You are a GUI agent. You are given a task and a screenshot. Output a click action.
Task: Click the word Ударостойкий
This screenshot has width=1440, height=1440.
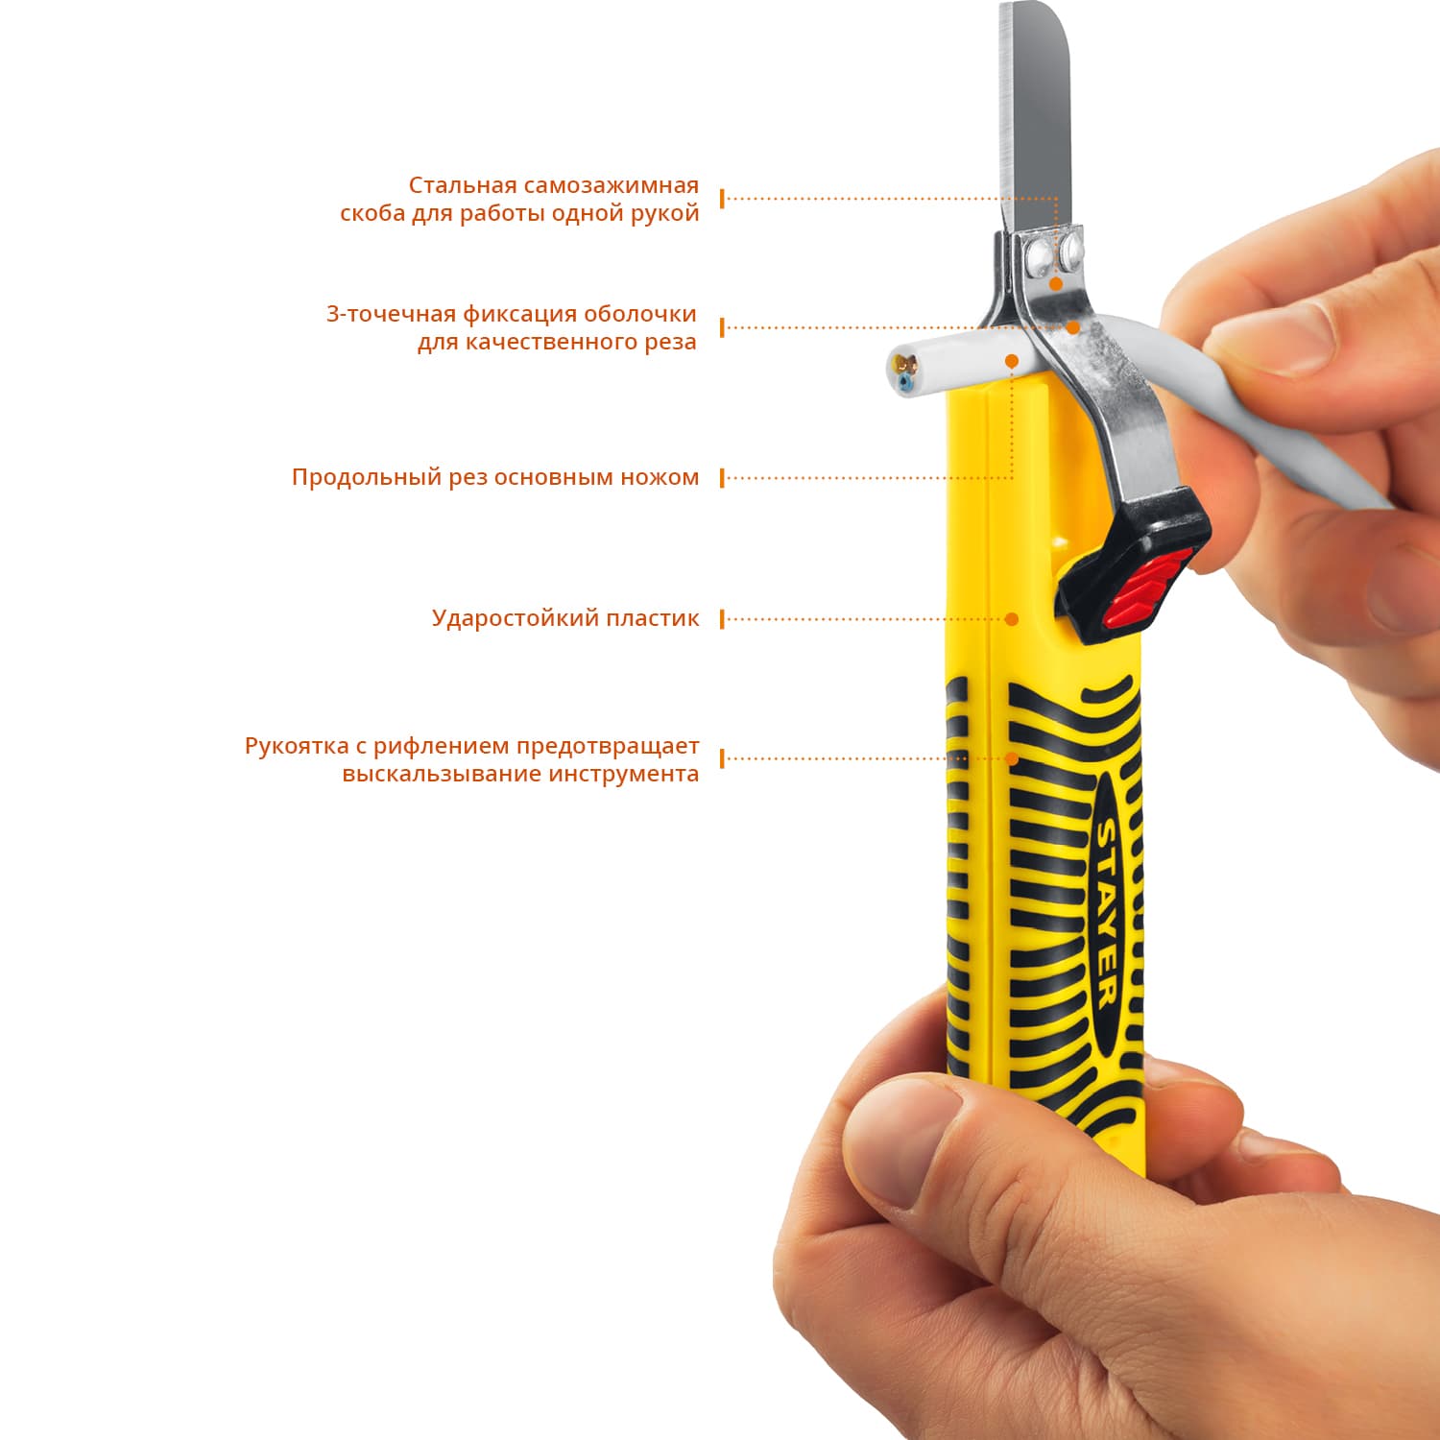pyautogui.click(x=502, y=618)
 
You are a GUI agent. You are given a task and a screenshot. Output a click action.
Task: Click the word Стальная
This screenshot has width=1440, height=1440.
pyautogui.click(x=463, y=185)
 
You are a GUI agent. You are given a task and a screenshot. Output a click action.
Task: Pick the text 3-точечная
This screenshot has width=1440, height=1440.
pyautogui.click(x=391, y=314)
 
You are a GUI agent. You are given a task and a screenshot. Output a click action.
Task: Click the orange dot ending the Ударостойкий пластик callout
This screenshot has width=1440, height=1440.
pyautogui.click(x=1011, y=619)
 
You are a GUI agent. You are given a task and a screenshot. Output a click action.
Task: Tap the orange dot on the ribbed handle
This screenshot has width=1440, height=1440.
pyautogui.click(x=1011, y=758)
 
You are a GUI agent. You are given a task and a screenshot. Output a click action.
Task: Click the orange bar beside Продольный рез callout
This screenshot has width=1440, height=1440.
pyautogui.click(x=722, y=478)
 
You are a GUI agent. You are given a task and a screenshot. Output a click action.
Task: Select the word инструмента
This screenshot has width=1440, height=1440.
pyautogui.click(x=624, y=775)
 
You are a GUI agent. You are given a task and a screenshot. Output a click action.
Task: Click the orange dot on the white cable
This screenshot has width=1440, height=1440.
pyautogui.click(x=1011, y=360)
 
